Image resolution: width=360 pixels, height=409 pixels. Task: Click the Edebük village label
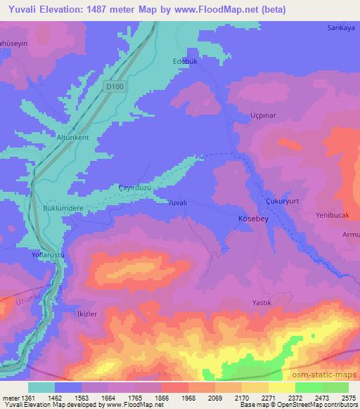click(x=183, y=61)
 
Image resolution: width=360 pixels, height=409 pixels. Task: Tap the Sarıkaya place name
click(x=340, y=29)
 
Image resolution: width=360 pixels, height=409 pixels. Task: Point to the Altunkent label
click(x=73, y=138)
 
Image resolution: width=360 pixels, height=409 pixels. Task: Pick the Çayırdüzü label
click(x=134, y=188)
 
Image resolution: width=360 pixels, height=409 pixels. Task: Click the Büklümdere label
click(x=65, y=209)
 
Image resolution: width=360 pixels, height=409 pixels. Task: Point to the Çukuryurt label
click(x=283, y=200)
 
